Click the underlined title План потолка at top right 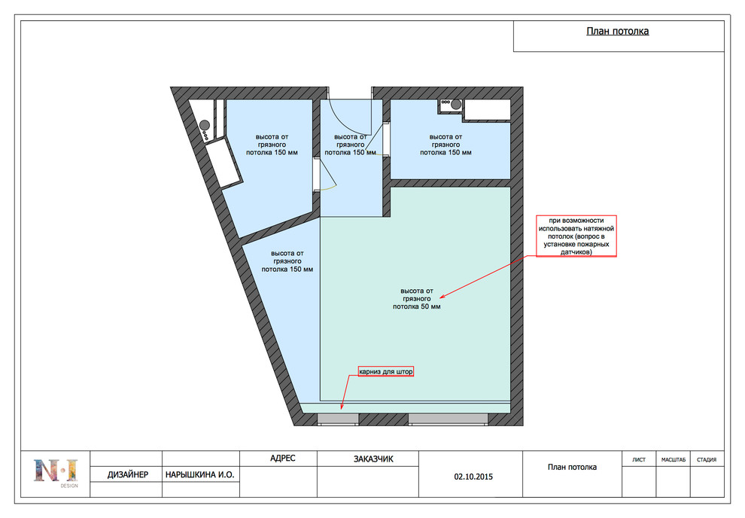coord(617,32)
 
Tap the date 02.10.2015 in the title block coord(473,476)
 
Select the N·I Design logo coord(56,472)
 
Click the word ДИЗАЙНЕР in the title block coord(127,474)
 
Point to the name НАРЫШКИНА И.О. coord(200,474)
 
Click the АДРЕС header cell coord(283,458)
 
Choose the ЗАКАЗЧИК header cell coord(373,459)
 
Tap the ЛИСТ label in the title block coord(639,459)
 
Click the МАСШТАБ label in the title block coord(674,459)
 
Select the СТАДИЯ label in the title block coord(707,459)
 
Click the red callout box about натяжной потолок coord(576,236)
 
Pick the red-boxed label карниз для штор coord(386,371)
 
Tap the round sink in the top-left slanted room coord(205,126)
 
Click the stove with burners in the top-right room coord(451,104)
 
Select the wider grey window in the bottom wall coord(448,419)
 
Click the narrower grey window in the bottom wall coord(338,419)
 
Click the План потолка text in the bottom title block coord(572,467)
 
